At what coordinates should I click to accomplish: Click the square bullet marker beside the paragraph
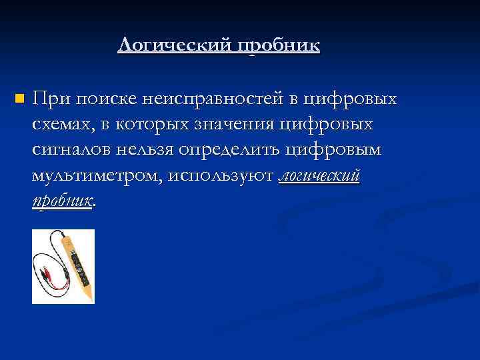18,99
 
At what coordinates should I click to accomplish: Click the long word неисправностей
213,99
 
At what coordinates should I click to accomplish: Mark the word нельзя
147,150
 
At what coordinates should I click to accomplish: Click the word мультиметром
97,175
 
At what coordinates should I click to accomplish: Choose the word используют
221,175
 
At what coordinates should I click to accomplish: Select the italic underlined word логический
319,175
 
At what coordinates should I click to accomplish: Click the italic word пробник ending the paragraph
62,201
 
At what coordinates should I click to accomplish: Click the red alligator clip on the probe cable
53,274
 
